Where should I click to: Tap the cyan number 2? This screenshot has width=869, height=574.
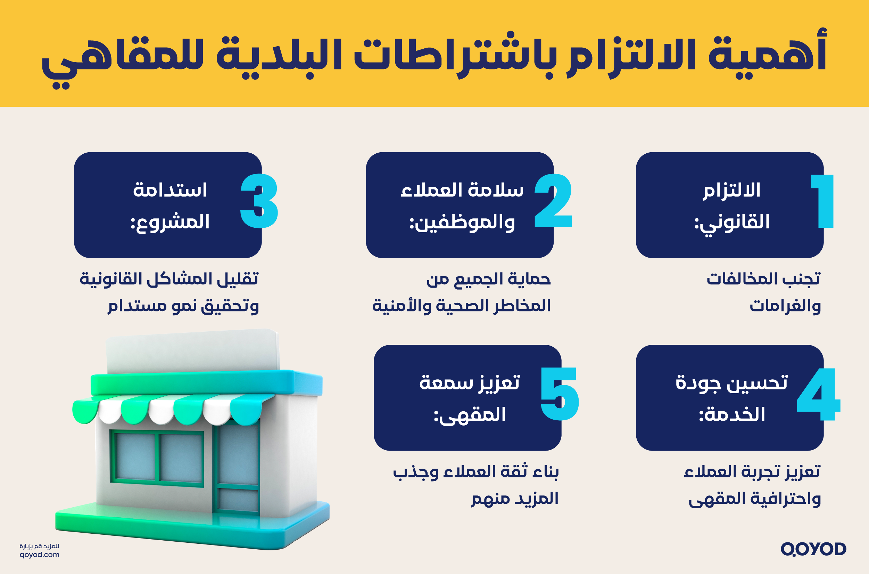(553, 201)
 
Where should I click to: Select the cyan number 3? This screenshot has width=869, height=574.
(259, 201)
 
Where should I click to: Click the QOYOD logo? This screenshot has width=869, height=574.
(813, 549)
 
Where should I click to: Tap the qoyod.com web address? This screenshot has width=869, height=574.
(40, 555)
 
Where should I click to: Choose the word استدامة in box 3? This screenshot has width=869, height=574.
(170, 190)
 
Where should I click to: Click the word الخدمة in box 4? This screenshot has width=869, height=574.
(732, 415)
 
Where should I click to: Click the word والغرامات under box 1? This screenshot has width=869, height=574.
(785, 306)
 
